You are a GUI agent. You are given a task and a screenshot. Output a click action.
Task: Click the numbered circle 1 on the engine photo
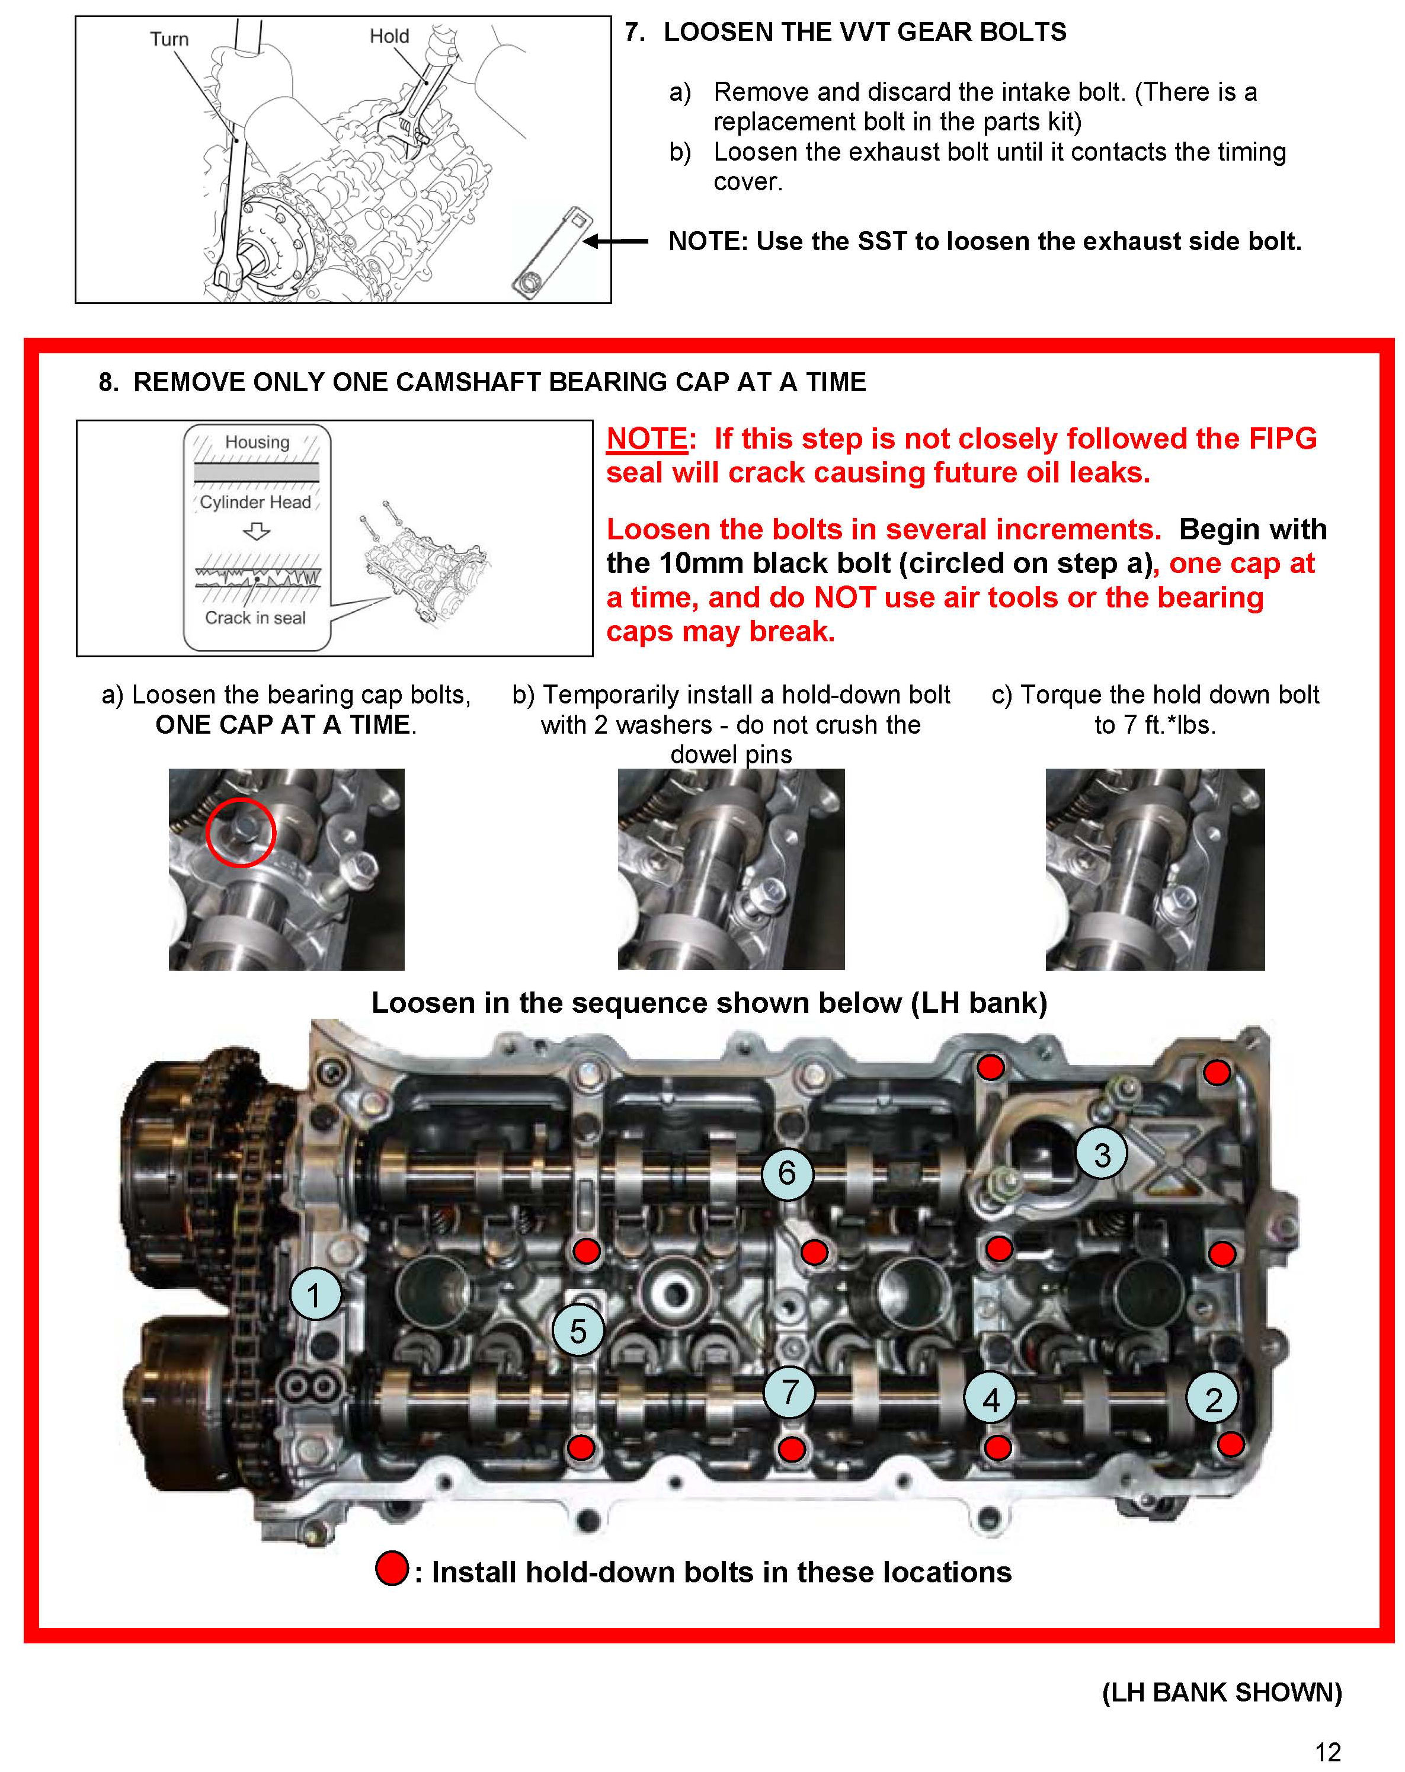click(x=315, y=1294)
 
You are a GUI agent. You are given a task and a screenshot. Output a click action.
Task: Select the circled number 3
click(x=1102, y=1154)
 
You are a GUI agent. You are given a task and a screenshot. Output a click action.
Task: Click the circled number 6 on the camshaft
click(x=786, y=1173)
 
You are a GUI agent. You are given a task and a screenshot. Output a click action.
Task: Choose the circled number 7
click(x=789, y=1392)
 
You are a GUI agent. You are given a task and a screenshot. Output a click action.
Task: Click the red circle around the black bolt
click(x=240, y=831)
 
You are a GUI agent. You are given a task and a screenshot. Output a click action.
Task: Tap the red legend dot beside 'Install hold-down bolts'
click(x=392, y=1568)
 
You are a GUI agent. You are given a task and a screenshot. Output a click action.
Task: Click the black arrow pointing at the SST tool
click(x=616, y=241)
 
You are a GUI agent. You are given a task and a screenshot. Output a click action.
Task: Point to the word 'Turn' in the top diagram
click(x=169, y=39)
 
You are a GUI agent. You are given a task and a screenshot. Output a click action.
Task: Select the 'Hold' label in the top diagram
click(x=389, y=36)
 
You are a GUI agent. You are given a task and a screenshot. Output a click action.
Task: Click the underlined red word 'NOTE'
click(x=646, y=438)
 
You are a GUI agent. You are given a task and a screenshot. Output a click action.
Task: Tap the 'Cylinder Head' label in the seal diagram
click(x=255, y=502)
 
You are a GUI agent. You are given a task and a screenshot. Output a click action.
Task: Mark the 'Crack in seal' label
click(x=255, y=618)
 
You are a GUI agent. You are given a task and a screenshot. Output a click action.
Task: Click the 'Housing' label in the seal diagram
click(x=257, y=442)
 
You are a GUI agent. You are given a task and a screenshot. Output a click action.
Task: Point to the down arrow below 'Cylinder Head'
click(x=257, y=532)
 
